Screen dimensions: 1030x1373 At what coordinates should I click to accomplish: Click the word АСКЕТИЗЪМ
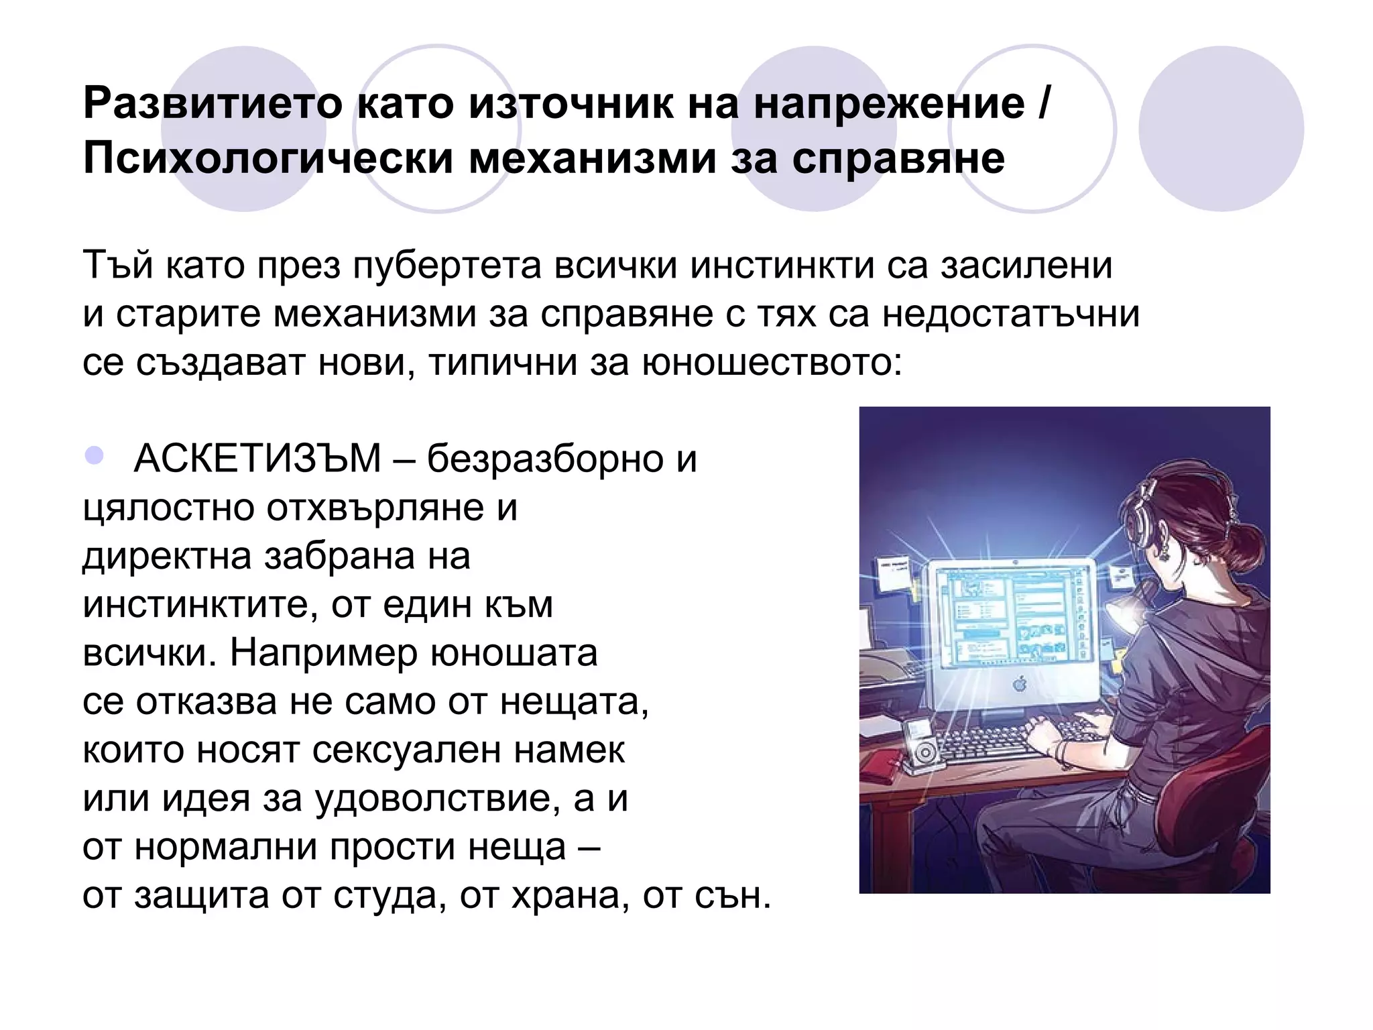(257, 459)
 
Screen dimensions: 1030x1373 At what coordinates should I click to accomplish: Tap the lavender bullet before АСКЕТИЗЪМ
(95, 456)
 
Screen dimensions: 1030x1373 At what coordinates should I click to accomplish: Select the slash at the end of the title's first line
(1043, 103)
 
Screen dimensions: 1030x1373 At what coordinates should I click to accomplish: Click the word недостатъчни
(1010, 314)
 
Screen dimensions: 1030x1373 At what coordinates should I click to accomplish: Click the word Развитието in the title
(213, 103)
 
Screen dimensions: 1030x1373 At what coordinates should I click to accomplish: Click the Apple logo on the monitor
(1020, 684)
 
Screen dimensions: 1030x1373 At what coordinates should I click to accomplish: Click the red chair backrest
(1247, 778)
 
